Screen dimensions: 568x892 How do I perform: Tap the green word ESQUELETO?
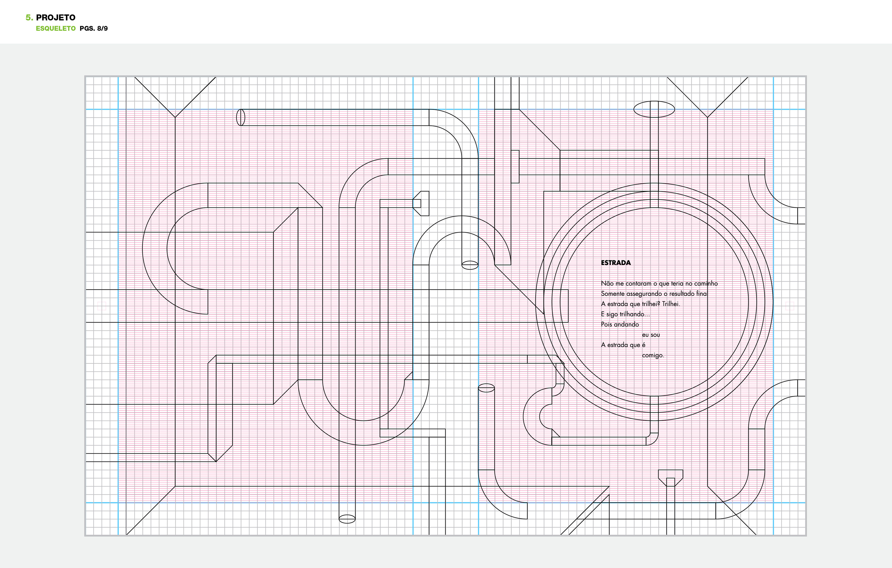(56, 29)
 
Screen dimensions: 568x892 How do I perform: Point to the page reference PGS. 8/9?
(93, 29)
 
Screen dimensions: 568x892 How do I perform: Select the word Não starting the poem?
(607, 284)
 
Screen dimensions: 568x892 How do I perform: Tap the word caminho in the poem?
(706, 284)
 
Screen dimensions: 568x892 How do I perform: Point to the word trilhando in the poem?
(634, 314)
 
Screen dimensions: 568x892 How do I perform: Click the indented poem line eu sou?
(651, 335)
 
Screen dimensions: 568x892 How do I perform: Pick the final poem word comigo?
(653, 356)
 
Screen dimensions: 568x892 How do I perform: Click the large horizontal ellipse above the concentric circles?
(654, 109)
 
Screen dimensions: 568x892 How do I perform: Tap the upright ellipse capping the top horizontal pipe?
(241, 117)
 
